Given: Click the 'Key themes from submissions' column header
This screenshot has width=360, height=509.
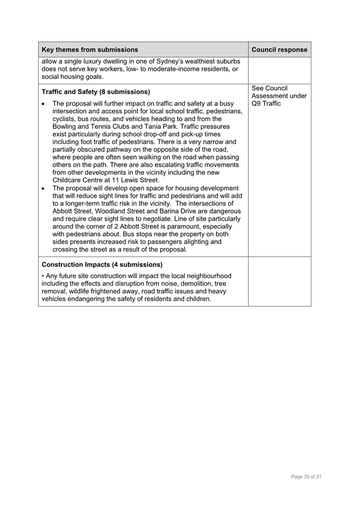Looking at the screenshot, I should point(90,50).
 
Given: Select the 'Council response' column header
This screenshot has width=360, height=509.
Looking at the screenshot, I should point(279,50).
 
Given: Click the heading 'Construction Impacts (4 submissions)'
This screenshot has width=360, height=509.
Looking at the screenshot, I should point(102,264).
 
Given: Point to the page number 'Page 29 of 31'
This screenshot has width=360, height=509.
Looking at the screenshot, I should point(306,476).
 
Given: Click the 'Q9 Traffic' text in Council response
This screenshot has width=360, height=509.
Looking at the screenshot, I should point(266,103).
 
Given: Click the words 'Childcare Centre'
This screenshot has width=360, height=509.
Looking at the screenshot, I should point(78,180).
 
